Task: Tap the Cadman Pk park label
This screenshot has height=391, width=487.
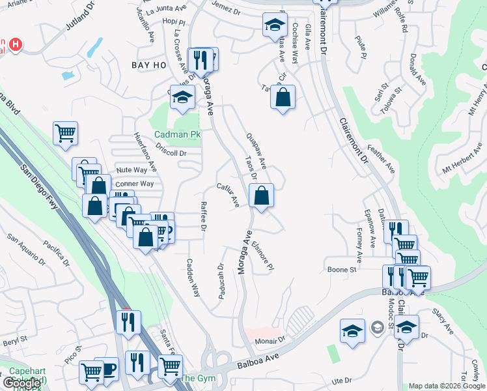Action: pyautogui.click(x=177, y=135)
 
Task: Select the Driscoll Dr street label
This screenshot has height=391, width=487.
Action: pyautogui.click(x=172, y=154)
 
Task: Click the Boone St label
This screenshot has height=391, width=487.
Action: pyautogui.click(x=342, y=269)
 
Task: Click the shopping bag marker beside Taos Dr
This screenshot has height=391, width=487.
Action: pyautogui.click(x=261, y=195)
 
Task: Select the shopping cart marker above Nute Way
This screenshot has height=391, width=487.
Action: pyautogui.click(x=65, y=134)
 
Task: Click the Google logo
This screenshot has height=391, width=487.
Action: pyautogui.click(x=21, y=383)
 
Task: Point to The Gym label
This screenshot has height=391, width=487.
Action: pyautogui.click(x=197, y=379)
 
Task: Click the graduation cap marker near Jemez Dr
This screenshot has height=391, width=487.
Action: pyautogui.click(x=275, y=25)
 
